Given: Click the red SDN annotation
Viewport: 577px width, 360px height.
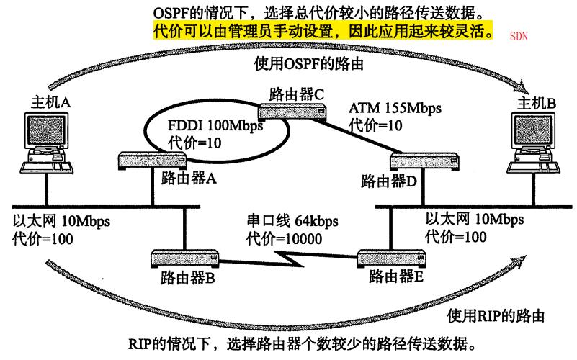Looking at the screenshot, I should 518,35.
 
